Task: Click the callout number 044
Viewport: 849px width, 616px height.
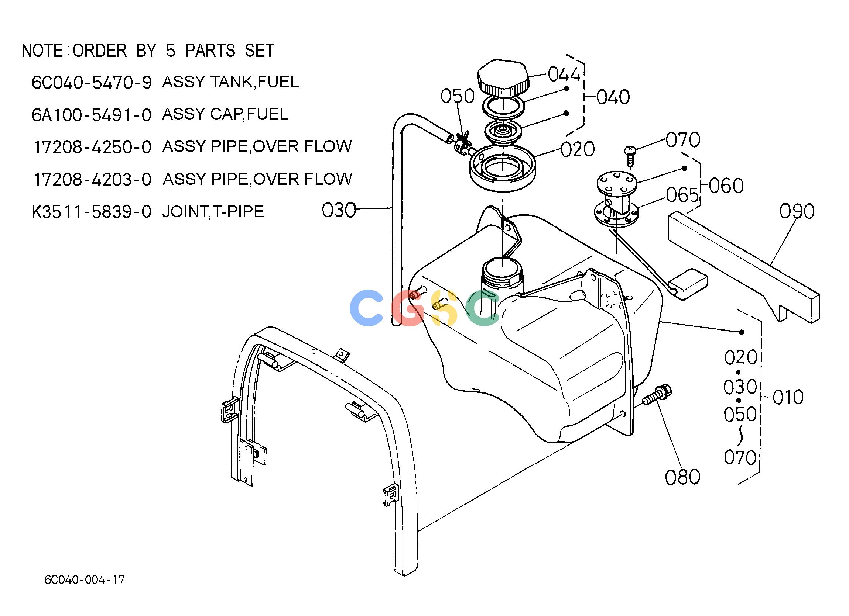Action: pyautogui.click(x=564, y=74)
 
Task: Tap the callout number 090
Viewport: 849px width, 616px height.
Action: pyautogui.click(x=797, y=211)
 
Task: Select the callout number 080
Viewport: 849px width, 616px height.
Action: pyautogui.click(x=682, y=477)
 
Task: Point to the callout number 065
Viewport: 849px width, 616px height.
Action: pyautogui.click(x=682, y=195)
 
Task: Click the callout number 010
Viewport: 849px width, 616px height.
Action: pyautogui.click(x=788, y=397)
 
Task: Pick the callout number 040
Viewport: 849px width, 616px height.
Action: pyautogui.click(x=613, y=97)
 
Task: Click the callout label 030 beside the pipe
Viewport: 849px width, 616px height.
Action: pyautogui.click(x=339, y=210)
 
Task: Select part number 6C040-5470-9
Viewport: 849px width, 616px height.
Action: pyautogui.click(x=92, y=83)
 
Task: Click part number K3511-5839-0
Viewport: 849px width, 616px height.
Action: pyautogui.click(x=92, y=212)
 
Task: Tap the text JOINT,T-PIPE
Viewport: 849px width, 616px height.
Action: pyautogui.click(x=213, y=212)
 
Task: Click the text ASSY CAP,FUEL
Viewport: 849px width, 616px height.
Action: pyautogui.click(x=225, y=114)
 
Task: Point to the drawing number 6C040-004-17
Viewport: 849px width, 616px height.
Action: pyautogui.click(x=84, y=580)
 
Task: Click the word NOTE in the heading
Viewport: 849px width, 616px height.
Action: pyautogui.click(x=42, y=51)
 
